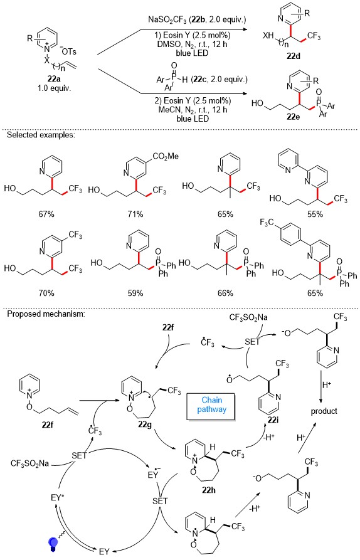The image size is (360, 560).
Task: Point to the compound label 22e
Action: pyautogui.click(x=294, y=117)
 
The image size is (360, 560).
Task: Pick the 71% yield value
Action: pyautogui.click(x=135, y=214)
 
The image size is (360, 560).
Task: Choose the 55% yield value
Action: pyautogui.click(x=315, y=214)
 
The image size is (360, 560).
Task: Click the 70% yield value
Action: pyautogui.click(x=46, y=293)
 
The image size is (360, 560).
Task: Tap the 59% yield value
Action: pyautogui.click(x=135, y=293)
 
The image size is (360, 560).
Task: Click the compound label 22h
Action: pyautogui.click(x=209, y=490)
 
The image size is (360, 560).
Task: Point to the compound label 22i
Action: pyautogui.click(x=273, y=420)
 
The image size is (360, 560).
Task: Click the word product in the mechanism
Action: pyautogui.click(x=324, y=411)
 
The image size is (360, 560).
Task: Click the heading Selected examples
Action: pyautogui.click(x=41, y=135)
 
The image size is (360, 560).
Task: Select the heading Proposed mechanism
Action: pyautogui.click(x=46, y=314)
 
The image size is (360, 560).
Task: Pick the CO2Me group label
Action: pyautogui.click(x=165, y=156)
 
